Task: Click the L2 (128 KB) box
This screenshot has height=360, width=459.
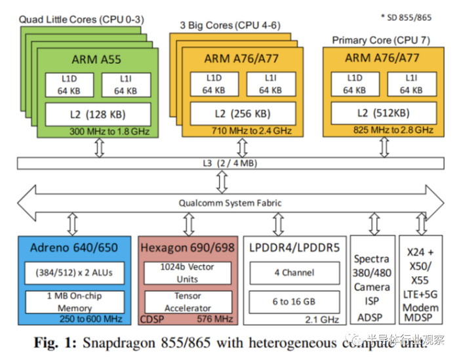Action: [98, 113]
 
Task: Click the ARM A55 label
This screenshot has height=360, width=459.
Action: [98, 60]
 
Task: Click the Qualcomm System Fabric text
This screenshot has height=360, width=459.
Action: [229, 203]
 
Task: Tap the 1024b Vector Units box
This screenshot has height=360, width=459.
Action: [188, 273]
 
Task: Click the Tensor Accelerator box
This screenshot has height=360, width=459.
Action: [188, 302]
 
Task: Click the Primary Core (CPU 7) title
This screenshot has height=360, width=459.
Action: [381, 40]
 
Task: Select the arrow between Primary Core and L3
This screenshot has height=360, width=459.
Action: [381, 148]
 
